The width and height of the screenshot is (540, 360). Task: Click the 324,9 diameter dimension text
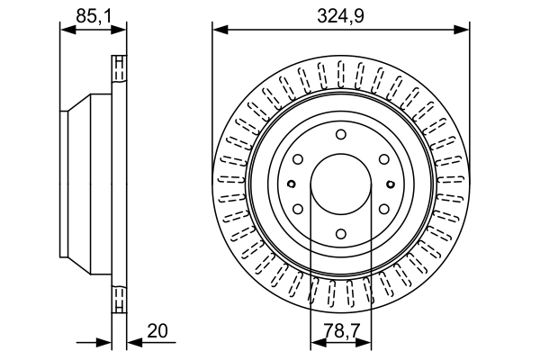pos(340,16)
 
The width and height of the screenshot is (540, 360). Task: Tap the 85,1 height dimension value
pos(94,16)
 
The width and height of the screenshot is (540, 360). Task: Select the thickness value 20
pos(157,330)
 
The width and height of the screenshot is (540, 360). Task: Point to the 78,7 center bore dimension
pos(341,331)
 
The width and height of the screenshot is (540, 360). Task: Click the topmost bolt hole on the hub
pos(341,134)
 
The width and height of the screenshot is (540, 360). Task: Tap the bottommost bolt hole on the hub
pos(341,234)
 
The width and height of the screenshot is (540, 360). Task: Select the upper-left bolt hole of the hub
pos(298,159)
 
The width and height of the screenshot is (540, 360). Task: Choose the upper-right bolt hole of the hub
pos(384,159)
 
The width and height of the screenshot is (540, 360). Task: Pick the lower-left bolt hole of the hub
pos(298,209)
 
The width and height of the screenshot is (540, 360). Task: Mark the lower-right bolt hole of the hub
pos(384,209)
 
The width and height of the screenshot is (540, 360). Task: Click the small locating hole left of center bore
pos(292,184)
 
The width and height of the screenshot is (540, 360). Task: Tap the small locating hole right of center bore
pos(391,184)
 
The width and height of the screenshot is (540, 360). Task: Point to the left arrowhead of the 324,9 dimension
pos(220,30)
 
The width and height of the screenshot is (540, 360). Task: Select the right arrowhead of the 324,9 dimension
pos(462,30)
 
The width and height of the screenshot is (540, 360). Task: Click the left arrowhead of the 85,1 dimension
pos(67,30)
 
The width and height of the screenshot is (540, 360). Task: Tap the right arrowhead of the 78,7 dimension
pos(364,342)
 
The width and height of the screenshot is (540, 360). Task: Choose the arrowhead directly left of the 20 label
pos(135,342)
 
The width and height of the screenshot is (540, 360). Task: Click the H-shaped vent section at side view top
pos(119,68)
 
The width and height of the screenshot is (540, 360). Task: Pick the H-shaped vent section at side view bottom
pos(119,299)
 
